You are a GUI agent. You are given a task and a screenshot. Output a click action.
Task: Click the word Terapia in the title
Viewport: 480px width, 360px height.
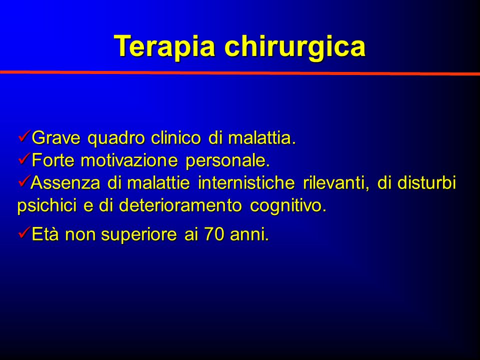tap(164, 46)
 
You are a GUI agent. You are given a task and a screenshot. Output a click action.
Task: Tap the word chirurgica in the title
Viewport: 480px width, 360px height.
tap(295, 46)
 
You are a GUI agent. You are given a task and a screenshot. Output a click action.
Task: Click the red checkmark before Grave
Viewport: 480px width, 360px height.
tap(24, 135)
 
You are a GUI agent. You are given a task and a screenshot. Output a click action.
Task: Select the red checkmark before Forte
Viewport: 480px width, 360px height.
tap(24, 158)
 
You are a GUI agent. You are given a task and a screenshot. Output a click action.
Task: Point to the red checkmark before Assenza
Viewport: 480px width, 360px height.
tap(24, 180)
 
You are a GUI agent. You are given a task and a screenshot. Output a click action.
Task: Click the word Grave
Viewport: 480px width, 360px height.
tap(56, 138)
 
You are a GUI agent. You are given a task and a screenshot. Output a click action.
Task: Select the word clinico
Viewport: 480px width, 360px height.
tap(176, 138)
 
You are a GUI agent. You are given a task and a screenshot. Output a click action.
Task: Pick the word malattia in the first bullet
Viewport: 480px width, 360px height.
tap(261, 138)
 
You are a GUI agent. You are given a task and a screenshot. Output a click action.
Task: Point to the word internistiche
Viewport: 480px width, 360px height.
tap(246, 183)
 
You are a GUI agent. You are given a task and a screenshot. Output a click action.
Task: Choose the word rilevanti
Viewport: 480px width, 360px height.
tap(336, 183)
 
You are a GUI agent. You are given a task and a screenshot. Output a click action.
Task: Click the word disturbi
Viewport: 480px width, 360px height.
tap(426, 183)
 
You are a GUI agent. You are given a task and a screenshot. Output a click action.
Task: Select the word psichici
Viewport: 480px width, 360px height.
tap(46, 206)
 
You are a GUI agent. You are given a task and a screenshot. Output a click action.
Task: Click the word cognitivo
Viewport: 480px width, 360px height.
tap(288, 206)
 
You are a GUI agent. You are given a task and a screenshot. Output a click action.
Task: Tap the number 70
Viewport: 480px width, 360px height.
tap(213, 234)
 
